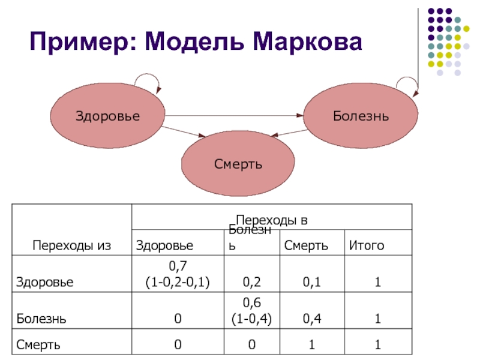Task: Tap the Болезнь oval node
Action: tap(361, 115)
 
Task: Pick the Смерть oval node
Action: tap(238, 164)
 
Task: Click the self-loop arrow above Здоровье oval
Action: tap(147, 79)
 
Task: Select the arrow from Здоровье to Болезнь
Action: tap(234, 115)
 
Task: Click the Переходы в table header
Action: tap(272, 220)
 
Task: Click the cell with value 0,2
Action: tap(251, 281)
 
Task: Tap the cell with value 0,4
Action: tap(310, 319)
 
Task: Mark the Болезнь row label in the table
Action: tap(41, 319)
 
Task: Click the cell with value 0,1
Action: tap(310, 281)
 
